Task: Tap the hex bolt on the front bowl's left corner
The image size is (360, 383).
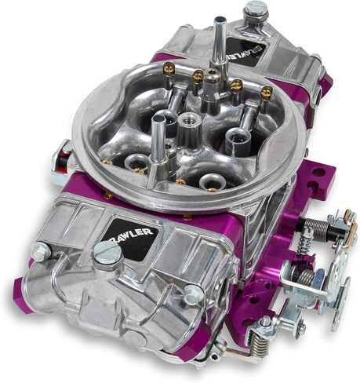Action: pyautogui.click(x=40, y=252)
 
